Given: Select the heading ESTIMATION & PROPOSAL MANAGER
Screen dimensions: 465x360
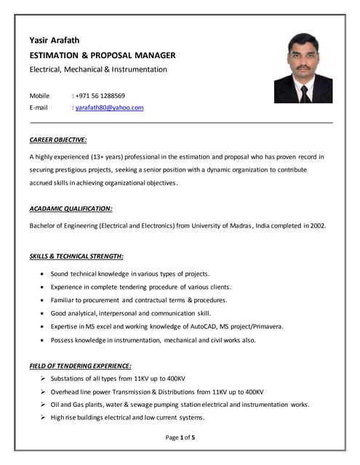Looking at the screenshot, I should (x=102, y=55).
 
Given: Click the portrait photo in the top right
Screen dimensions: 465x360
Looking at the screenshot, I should (x=303, y=68).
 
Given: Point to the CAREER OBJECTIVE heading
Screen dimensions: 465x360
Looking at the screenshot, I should (x=58, y=139).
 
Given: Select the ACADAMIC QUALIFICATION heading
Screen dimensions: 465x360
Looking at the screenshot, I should (x=71, y=209).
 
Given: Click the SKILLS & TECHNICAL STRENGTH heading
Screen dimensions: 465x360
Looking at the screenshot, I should (x=76, y=256).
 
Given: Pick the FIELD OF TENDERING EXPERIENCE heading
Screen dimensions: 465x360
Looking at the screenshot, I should (x=80, y=365).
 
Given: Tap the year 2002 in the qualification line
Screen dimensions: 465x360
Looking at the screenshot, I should (x=318, y=226).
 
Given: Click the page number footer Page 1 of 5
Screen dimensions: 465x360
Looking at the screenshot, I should (x=180, y=437).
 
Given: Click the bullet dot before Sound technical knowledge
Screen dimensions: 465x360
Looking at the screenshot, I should (x=44, y=274).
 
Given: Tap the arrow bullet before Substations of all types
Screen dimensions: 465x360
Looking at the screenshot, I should (x=44, y=379).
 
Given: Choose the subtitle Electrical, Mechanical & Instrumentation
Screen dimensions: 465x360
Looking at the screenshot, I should (x=98, y=70).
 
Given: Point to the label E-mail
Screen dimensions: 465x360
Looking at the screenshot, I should (x=39, y=108).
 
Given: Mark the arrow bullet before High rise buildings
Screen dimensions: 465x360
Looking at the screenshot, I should (x=44, y=417).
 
